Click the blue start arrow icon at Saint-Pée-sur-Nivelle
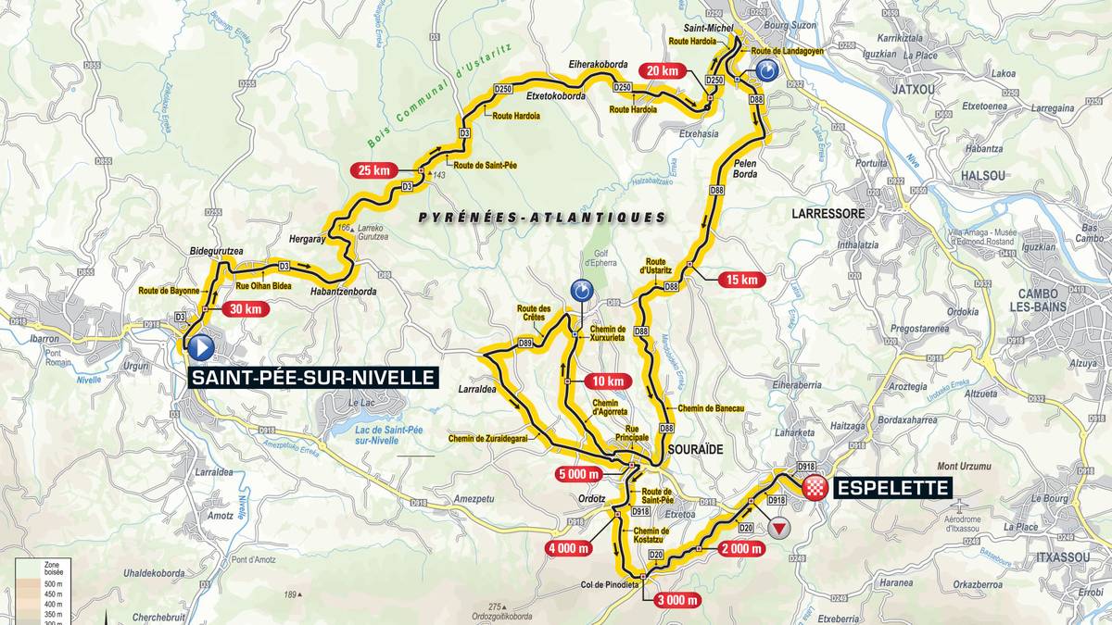tap(200, 347)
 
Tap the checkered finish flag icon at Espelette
tap(815, 488)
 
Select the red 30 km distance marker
tap(244, 310)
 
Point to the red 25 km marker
tap(373, 169)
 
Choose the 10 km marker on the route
tap(607, 381)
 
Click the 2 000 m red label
tap(740, 548)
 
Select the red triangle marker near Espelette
tap(780, 528)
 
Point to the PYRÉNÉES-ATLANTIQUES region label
tap(542, 218)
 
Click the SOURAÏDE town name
tap(695, 448)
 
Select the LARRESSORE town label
tap(828, 213)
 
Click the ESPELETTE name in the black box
tap(892, 488)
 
